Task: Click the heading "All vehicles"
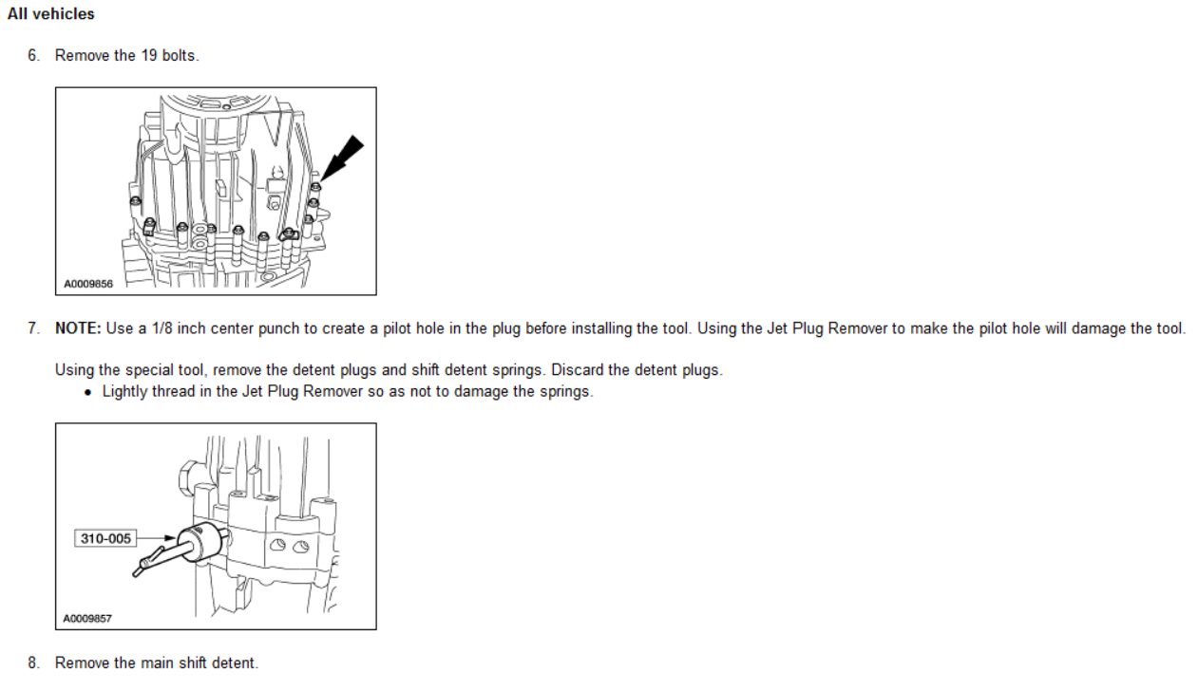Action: [x=51, y=15]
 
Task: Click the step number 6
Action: [x=33, y=56]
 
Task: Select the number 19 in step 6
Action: [x=149, y=56]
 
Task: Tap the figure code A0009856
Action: [x=88, y=283]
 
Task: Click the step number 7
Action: [x=33, y=329]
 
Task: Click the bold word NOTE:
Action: [x=78, y=329]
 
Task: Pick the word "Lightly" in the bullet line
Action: [x=125, y=392]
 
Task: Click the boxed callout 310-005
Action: [x=105, y=538]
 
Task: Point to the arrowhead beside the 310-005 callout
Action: [x=169, y=538]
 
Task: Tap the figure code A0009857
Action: [x=88, y=618]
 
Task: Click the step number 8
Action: [x=33, y=663]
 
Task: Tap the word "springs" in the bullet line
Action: [x=564, y=392]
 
